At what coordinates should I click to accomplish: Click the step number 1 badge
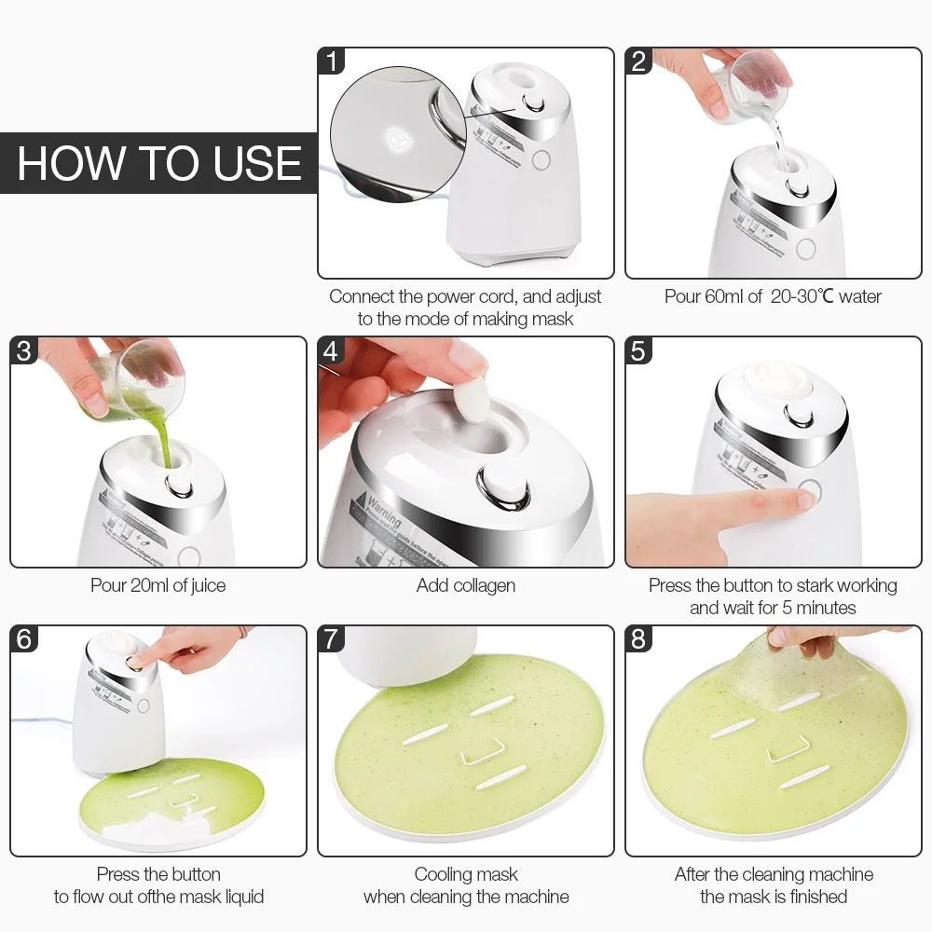click(x=332, y=62)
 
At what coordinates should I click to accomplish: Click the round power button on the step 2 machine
click(x=805, y=248)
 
